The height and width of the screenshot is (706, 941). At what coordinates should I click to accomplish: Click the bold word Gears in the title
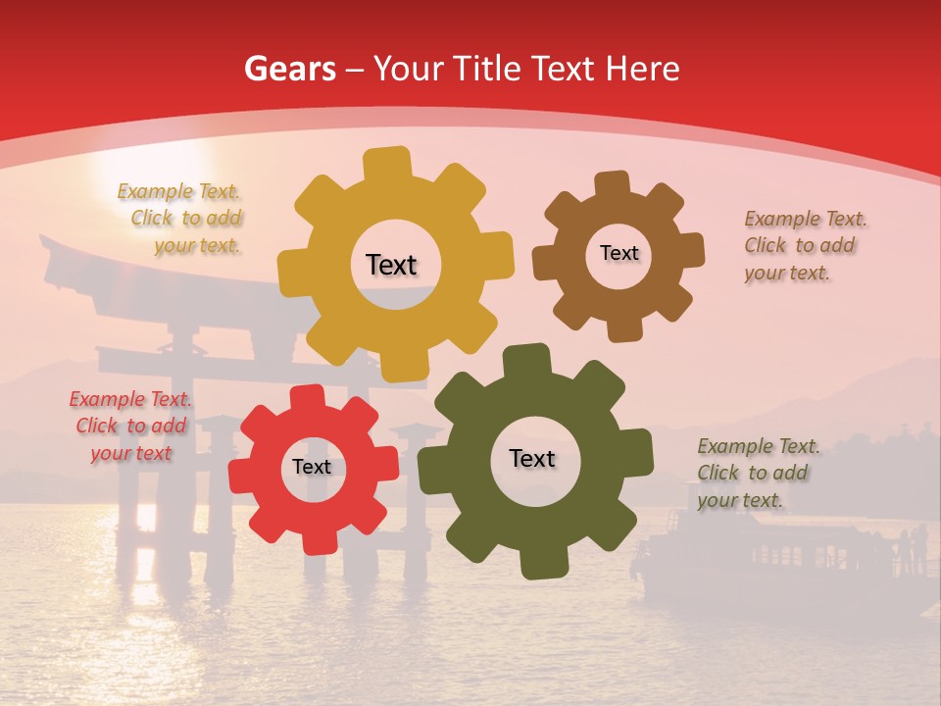point(289,69)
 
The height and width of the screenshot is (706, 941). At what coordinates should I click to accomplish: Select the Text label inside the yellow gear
point(391,265)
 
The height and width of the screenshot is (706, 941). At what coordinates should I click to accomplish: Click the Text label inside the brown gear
point(619,253)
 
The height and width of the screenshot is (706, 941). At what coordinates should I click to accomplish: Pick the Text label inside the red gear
point(312,467)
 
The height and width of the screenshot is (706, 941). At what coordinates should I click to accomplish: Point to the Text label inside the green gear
point(532,458)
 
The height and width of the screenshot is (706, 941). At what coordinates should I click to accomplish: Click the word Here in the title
point(644,69)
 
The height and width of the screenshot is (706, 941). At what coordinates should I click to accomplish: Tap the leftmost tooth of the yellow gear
point(292,274)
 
